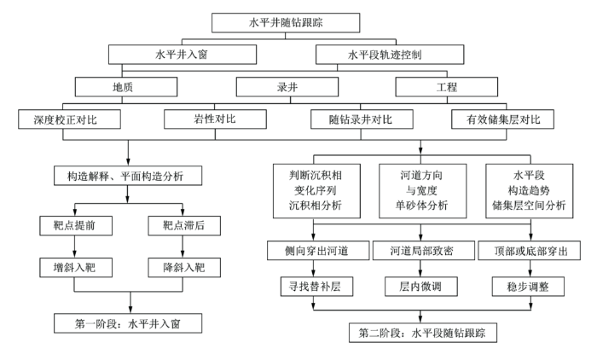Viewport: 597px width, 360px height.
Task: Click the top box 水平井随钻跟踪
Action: [286, 23]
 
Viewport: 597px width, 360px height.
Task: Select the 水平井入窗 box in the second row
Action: [183, 55]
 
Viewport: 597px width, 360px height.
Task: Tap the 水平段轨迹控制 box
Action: [390, 55]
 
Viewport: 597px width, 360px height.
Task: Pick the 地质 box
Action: [126, 87]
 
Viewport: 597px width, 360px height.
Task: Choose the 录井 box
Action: [287, 87]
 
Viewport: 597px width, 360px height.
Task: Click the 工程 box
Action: [447, 87]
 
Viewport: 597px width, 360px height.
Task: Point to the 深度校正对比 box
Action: [69, 119]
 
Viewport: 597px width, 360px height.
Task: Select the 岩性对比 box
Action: [215, 119]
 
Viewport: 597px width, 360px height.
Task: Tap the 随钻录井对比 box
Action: [362, 119]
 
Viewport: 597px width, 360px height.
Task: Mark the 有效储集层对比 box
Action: [502, 119]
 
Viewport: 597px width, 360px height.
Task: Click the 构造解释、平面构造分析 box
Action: [128, 176]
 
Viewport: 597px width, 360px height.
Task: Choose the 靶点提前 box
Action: [76, 225]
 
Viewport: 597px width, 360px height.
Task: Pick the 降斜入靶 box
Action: [184, 267]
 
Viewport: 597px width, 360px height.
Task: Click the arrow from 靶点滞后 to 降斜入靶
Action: [183, 247]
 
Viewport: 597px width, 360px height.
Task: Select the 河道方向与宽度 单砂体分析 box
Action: [423, 191]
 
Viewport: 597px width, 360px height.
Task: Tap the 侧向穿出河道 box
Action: [318, 250]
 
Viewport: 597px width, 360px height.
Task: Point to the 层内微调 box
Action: [421, 287]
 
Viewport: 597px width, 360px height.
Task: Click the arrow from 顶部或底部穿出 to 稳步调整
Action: [530, 268]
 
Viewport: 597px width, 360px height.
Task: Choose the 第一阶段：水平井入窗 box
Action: [128, 323]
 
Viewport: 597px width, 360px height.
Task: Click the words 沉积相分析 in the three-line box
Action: [316, 206]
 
